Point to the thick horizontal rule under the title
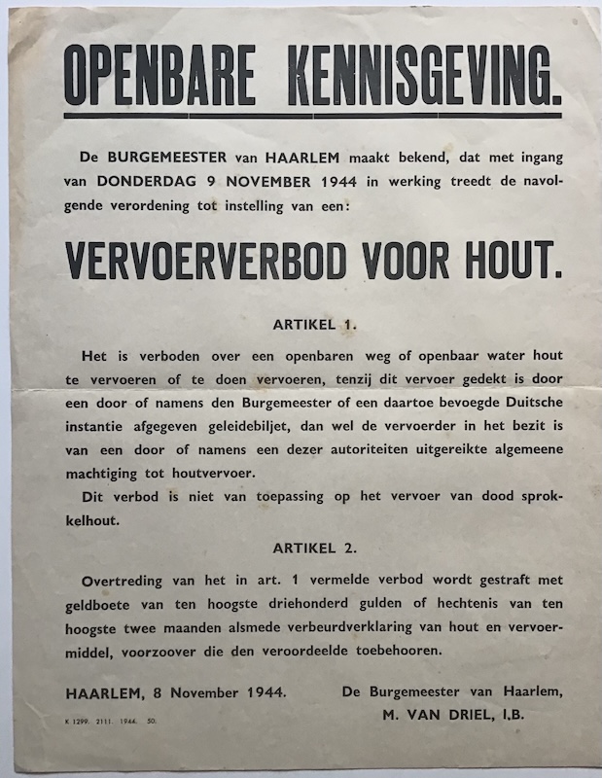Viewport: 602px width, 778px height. point(312,117)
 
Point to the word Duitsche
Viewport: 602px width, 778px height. point(528,401)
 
